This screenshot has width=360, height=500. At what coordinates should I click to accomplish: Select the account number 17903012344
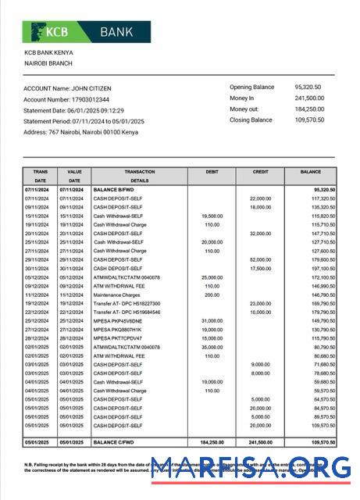pos(87,99)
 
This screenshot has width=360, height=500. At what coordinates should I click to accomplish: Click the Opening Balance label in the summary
pos(251,87)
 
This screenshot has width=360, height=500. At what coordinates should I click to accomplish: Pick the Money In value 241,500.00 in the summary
pos(309,98)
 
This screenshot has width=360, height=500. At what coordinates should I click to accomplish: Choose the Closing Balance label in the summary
pos(251,120)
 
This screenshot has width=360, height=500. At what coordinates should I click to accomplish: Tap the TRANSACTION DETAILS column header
pos(139,176)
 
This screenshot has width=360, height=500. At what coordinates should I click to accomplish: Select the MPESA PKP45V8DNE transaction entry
pos(119,321)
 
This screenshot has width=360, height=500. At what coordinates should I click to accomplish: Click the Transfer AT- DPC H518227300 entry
pos(127,304)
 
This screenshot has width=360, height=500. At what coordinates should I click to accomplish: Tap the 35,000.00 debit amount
pos(212,347)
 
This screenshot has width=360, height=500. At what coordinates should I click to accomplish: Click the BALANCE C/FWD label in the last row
pos(116,442)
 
